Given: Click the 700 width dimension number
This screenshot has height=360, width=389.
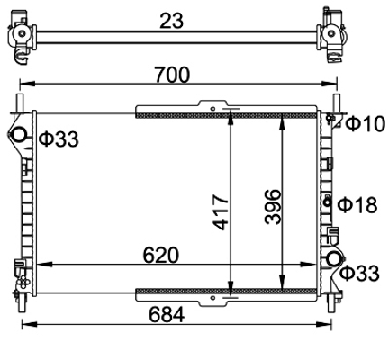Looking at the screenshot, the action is (x=172, y=75).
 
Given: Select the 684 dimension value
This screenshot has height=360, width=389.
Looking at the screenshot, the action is (x=167, y=315).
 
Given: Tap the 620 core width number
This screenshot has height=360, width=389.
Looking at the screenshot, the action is (x=160, y=256).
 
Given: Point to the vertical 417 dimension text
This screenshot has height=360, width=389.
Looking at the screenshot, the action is (x=221, y=212).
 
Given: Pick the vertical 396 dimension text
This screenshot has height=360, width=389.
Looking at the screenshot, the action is (x=273, y=207).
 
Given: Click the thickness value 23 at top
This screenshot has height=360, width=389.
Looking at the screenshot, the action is (x=171, y=21).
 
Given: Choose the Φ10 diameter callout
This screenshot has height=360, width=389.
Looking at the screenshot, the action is (x=365, y=124).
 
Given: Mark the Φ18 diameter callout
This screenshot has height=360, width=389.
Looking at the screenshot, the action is (x=357, y=205).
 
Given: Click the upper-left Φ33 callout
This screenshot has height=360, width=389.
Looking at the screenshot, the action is (x=59, y=139).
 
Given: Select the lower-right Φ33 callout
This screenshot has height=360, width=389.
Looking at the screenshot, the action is (x=359, y=274).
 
